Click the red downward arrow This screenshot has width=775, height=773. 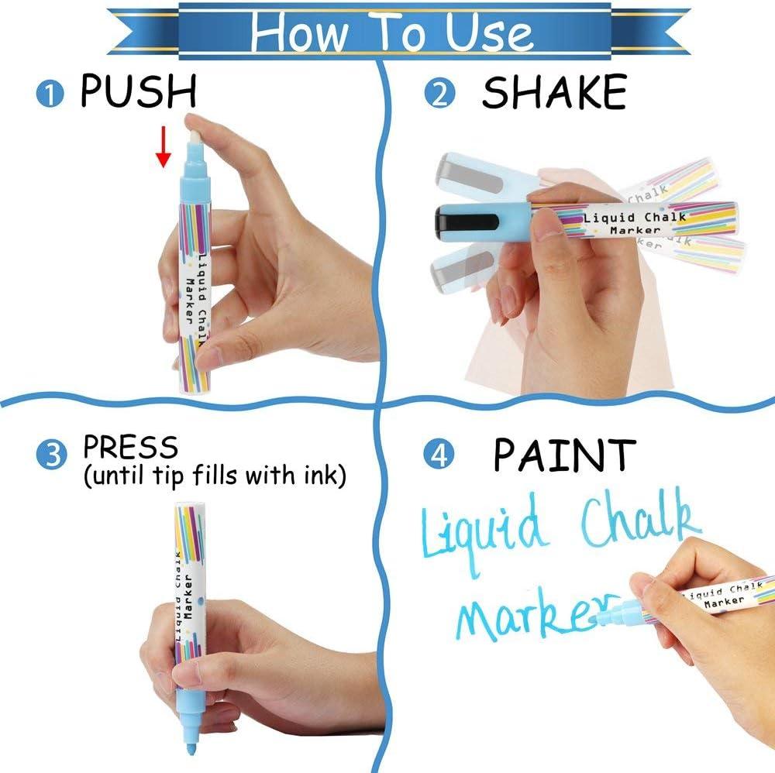(x=163, y=146)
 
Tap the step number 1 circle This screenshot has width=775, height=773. (x=50, y=94)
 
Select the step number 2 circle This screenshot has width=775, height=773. (x=439, y=94)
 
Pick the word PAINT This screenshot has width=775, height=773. (x=565, y=454)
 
